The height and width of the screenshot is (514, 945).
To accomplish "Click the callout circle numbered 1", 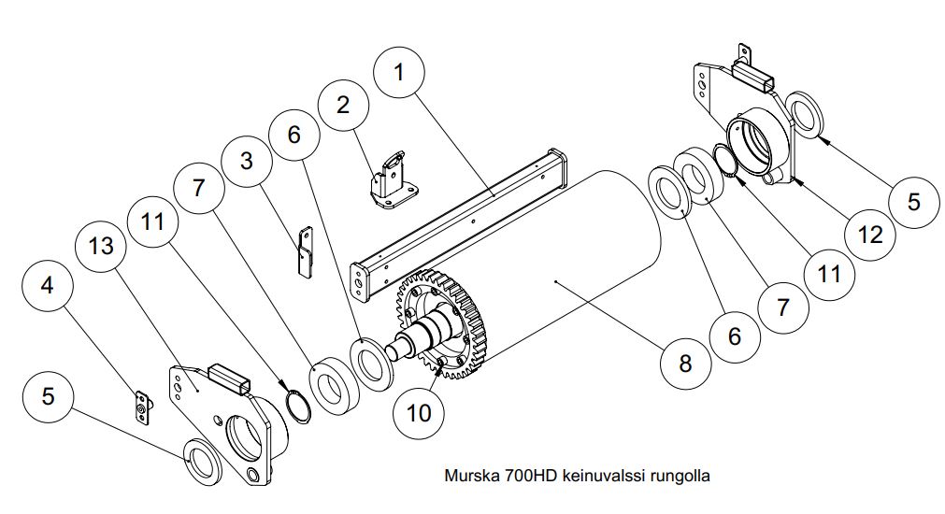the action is (x=398, y=73).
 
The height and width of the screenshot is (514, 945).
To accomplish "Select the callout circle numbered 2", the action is (x=343, y=105).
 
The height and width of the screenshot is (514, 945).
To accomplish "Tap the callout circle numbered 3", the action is (x=246, y=161).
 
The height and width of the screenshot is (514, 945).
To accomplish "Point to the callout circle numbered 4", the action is (x=47, y=285).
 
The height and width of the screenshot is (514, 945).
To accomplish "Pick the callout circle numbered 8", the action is (x=685, y=364).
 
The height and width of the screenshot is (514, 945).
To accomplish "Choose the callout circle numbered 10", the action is (x=419, y=413).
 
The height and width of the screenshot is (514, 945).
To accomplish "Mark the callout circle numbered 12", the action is (x=869, y=235).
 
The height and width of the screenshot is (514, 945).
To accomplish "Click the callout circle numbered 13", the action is (x=101, y=246).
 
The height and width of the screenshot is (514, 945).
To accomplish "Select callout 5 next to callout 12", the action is (x=913, y=201).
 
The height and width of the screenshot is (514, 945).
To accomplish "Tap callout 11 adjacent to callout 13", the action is (x=151, y=221).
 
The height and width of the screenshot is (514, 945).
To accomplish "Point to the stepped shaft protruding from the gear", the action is (x=422, y=335).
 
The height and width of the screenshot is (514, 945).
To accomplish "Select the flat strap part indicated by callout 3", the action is (x=306, y=252).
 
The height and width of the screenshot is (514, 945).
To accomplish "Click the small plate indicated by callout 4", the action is (x=142, y=408).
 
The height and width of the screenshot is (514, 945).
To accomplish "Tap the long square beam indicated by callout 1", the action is (x=459, y=223).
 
